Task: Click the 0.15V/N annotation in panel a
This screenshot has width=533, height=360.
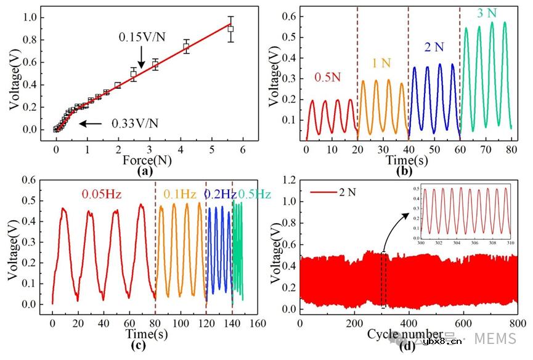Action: tap(142, 38)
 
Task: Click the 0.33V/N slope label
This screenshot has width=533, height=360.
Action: tap(134, 123)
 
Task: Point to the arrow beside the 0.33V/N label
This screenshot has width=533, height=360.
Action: tap(91, 123)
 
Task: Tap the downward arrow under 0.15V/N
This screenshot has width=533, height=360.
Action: tap(142, 59)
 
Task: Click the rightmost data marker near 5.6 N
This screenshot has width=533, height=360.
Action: tap(230, 28)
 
